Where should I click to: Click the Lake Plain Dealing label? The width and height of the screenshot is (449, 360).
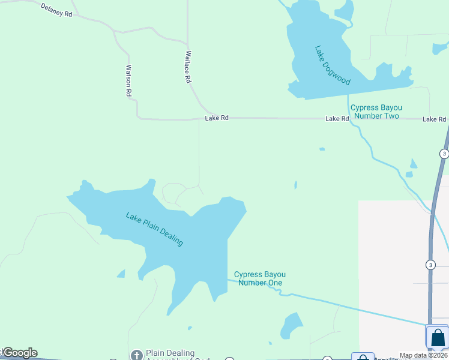click(154, 229)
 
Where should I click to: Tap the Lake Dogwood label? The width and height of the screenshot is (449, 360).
click(332, 65)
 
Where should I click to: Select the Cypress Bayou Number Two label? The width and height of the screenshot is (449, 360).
click(376, 112)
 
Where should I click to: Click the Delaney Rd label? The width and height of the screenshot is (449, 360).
click(56, 10)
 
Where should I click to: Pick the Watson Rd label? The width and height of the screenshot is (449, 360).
click(128, 81)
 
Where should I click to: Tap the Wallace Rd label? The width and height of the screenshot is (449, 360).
click(187, 67)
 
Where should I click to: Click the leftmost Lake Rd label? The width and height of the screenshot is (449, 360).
click(217, 118)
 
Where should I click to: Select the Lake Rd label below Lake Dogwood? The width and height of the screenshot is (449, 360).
click(337, 119)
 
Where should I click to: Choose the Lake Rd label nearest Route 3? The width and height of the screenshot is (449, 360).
click(434, 119)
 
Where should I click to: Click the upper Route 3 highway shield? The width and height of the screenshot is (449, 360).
click(444, 154)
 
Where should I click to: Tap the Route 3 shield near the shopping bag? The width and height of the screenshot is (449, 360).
click(430, 265)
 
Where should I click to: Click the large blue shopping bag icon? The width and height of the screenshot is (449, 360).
click(438, 337)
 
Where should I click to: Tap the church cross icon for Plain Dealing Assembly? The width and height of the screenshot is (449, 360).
click(136, 355)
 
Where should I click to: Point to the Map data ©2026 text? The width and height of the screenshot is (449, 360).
click(423, 355)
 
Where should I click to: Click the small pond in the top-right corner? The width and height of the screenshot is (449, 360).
click(439, 49)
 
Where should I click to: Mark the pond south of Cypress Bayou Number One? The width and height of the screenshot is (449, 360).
click(292, 325)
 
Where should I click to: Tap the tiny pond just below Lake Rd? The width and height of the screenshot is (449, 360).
click(322, 149)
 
